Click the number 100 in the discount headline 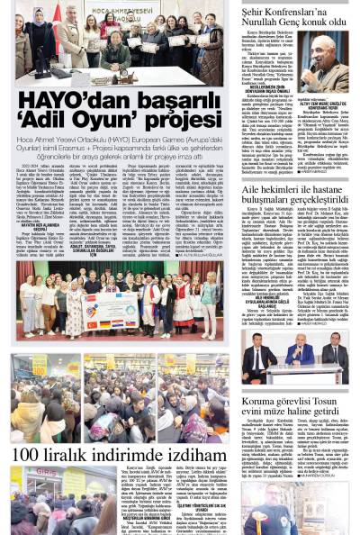point(30,454)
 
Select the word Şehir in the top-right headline point(256,8)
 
